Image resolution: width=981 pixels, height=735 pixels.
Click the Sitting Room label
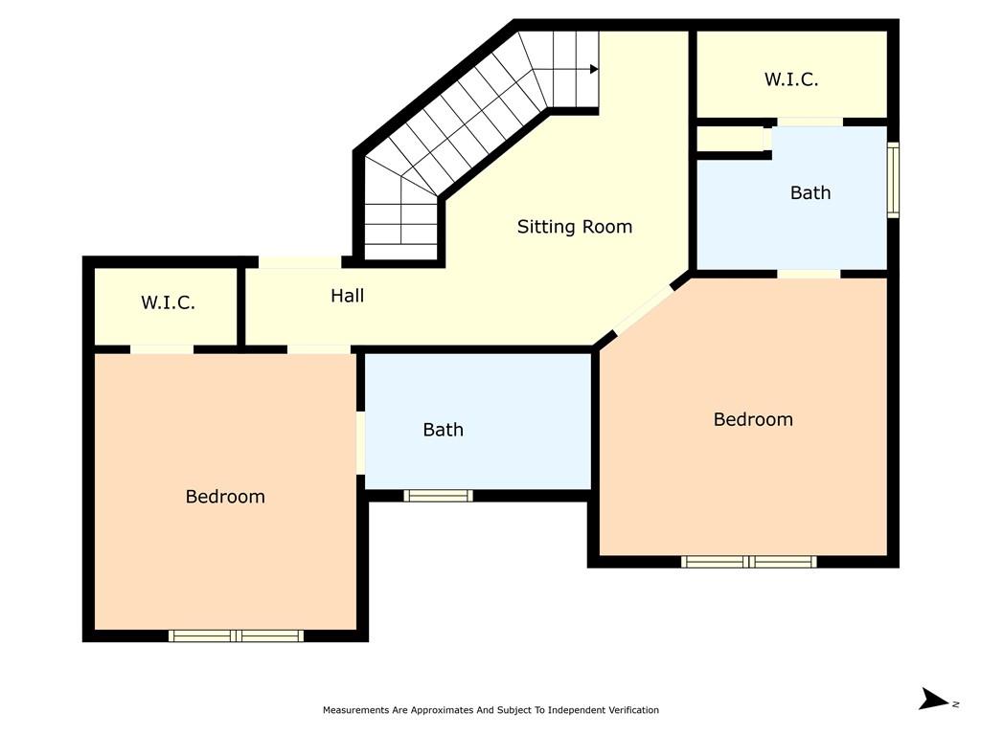[x=575, y=227]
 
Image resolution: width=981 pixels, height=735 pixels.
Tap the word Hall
[x=347, y=296]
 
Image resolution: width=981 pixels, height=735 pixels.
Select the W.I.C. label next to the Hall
[x=168, y=302]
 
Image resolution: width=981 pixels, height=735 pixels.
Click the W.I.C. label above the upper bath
[x=790, y=79]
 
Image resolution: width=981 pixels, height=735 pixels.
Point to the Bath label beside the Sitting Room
[x=810, y=192]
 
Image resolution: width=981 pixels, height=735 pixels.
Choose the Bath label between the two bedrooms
[x=443, y=430]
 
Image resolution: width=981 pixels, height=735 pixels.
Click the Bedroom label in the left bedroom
[x=225, y=497]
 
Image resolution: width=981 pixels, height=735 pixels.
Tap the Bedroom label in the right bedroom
[x=753, y=419]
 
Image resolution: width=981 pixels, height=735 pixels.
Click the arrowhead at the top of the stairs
[x=594, y=69]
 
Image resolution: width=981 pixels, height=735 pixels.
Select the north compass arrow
[x=934, y=699]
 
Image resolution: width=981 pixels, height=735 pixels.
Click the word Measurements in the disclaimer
[x=355, y=710]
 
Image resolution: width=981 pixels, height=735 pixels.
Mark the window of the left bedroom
[x=236, y=636]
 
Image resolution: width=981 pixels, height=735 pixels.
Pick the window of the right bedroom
[x=749, y=562]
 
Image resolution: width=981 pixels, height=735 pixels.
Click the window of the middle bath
[x=438, y=497]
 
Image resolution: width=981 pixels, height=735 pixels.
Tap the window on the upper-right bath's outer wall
[x=894, y=180]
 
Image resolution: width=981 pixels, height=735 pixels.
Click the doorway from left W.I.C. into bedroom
[x=162, y=349]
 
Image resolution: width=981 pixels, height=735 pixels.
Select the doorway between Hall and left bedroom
[x=319, y=349]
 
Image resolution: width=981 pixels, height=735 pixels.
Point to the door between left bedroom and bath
[x=360, y=443]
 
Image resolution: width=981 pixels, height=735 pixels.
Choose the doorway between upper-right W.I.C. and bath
[x=810, y=122]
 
